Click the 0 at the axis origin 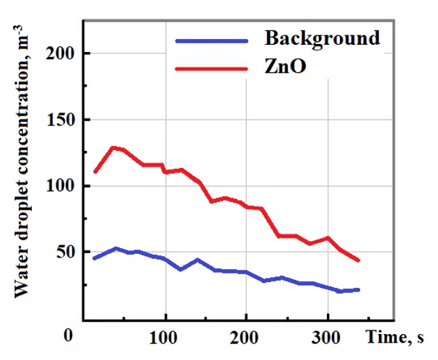pos(68,336)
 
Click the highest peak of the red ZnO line pos(113,147)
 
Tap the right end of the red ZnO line pos(359,261)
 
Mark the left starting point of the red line pos(95,172)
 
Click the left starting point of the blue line pos(95,258)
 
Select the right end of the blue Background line pos(359,289)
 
